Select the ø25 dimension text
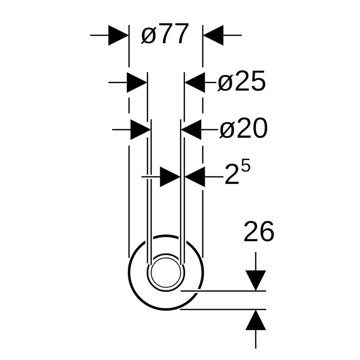[x=242, y=81]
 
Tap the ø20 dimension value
[x=243, y=128]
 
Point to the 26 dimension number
[x=259, y=231]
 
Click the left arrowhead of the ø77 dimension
[x=118, y=36]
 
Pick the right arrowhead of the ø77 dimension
[x=213, y=36]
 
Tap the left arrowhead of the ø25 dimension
[x=137, y=82]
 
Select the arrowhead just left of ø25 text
[x=195, y=82]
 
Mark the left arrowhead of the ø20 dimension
[x=141, y=130]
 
